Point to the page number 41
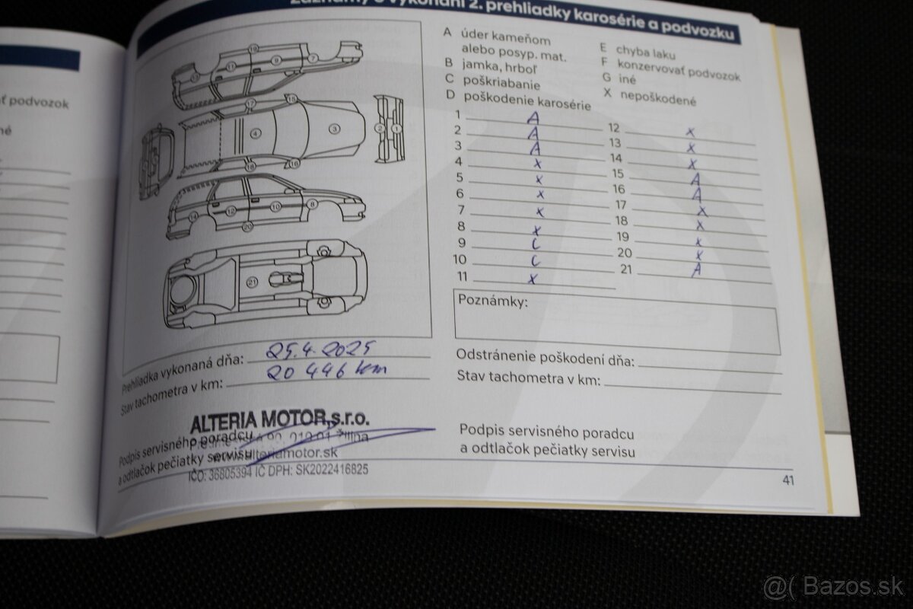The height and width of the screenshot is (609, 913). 787,480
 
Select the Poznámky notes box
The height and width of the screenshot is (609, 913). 616,320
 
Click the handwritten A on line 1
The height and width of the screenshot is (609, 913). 533,118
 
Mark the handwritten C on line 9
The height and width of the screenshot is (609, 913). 536,244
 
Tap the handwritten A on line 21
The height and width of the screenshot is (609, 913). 695,270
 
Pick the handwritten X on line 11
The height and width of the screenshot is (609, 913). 533,279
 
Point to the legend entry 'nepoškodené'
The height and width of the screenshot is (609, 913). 657,98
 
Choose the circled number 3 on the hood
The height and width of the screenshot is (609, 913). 333,129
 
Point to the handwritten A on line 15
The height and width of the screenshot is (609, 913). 695,179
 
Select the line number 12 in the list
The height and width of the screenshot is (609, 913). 614,127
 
